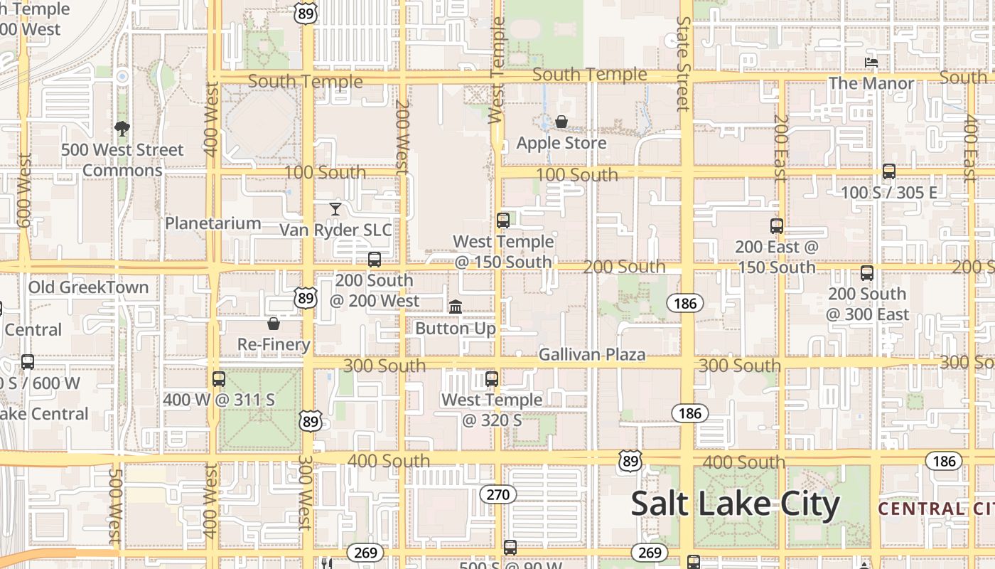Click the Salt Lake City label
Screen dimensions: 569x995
735,504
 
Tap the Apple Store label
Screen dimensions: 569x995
561,143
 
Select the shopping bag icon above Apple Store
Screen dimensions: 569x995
561,122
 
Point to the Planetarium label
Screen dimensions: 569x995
213,223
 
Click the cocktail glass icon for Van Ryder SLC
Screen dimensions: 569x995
335,208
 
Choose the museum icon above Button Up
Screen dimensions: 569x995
456,307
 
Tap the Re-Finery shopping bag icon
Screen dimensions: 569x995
274,324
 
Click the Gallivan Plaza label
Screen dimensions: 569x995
592,354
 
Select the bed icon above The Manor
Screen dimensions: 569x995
871,63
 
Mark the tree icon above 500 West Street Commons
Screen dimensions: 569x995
122,129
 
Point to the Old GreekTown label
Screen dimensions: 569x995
89,287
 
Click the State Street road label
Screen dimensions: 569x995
684,64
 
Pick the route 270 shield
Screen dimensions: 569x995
497,494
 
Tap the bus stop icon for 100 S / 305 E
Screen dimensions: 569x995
889,171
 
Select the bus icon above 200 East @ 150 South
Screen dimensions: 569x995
777,226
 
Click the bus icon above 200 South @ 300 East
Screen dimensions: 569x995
867,273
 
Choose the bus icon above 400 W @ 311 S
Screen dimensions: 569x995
219,379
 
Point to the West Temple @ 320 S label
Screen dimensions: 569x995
492,410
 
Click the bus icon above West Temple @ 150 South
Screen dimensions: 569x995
503,220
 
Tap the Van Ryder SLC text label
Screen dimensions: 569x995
335,230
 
